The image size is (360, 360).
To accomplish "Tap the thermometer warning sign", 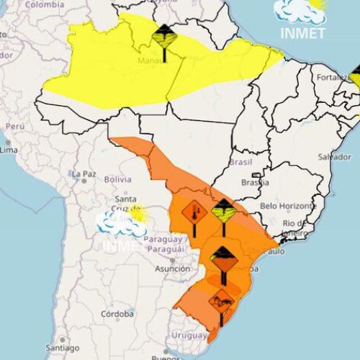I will pos(192,213).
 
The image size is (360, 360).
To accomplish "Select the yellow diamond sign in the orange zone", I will pos(223,210).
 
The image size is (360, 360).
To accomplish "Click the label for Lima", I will pos(9,150).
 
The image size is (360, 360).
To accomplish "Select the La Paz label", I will pos(84,174).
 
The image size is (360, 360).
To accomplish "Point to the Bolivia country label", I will pos(117,178).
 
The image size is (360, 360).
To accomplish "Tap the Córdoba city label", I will pos(117,314).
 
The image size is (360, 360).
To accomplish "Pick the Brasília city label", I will pos(256,182).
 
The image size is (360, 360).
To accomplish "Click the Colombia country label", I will pos(45,4).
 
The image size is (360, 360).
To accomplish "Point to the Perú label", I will pos(15,125).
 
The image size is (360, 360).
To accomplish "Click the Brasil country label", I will pos(238,162).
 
